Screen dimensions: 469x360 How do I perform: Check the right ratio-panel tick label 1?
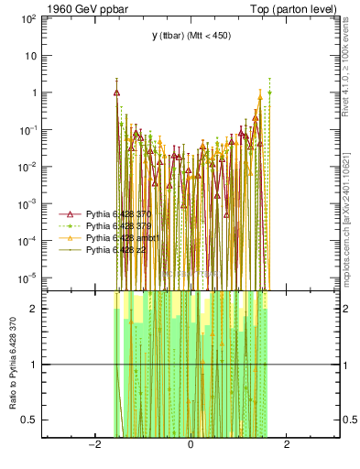(x=346, y=365)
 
